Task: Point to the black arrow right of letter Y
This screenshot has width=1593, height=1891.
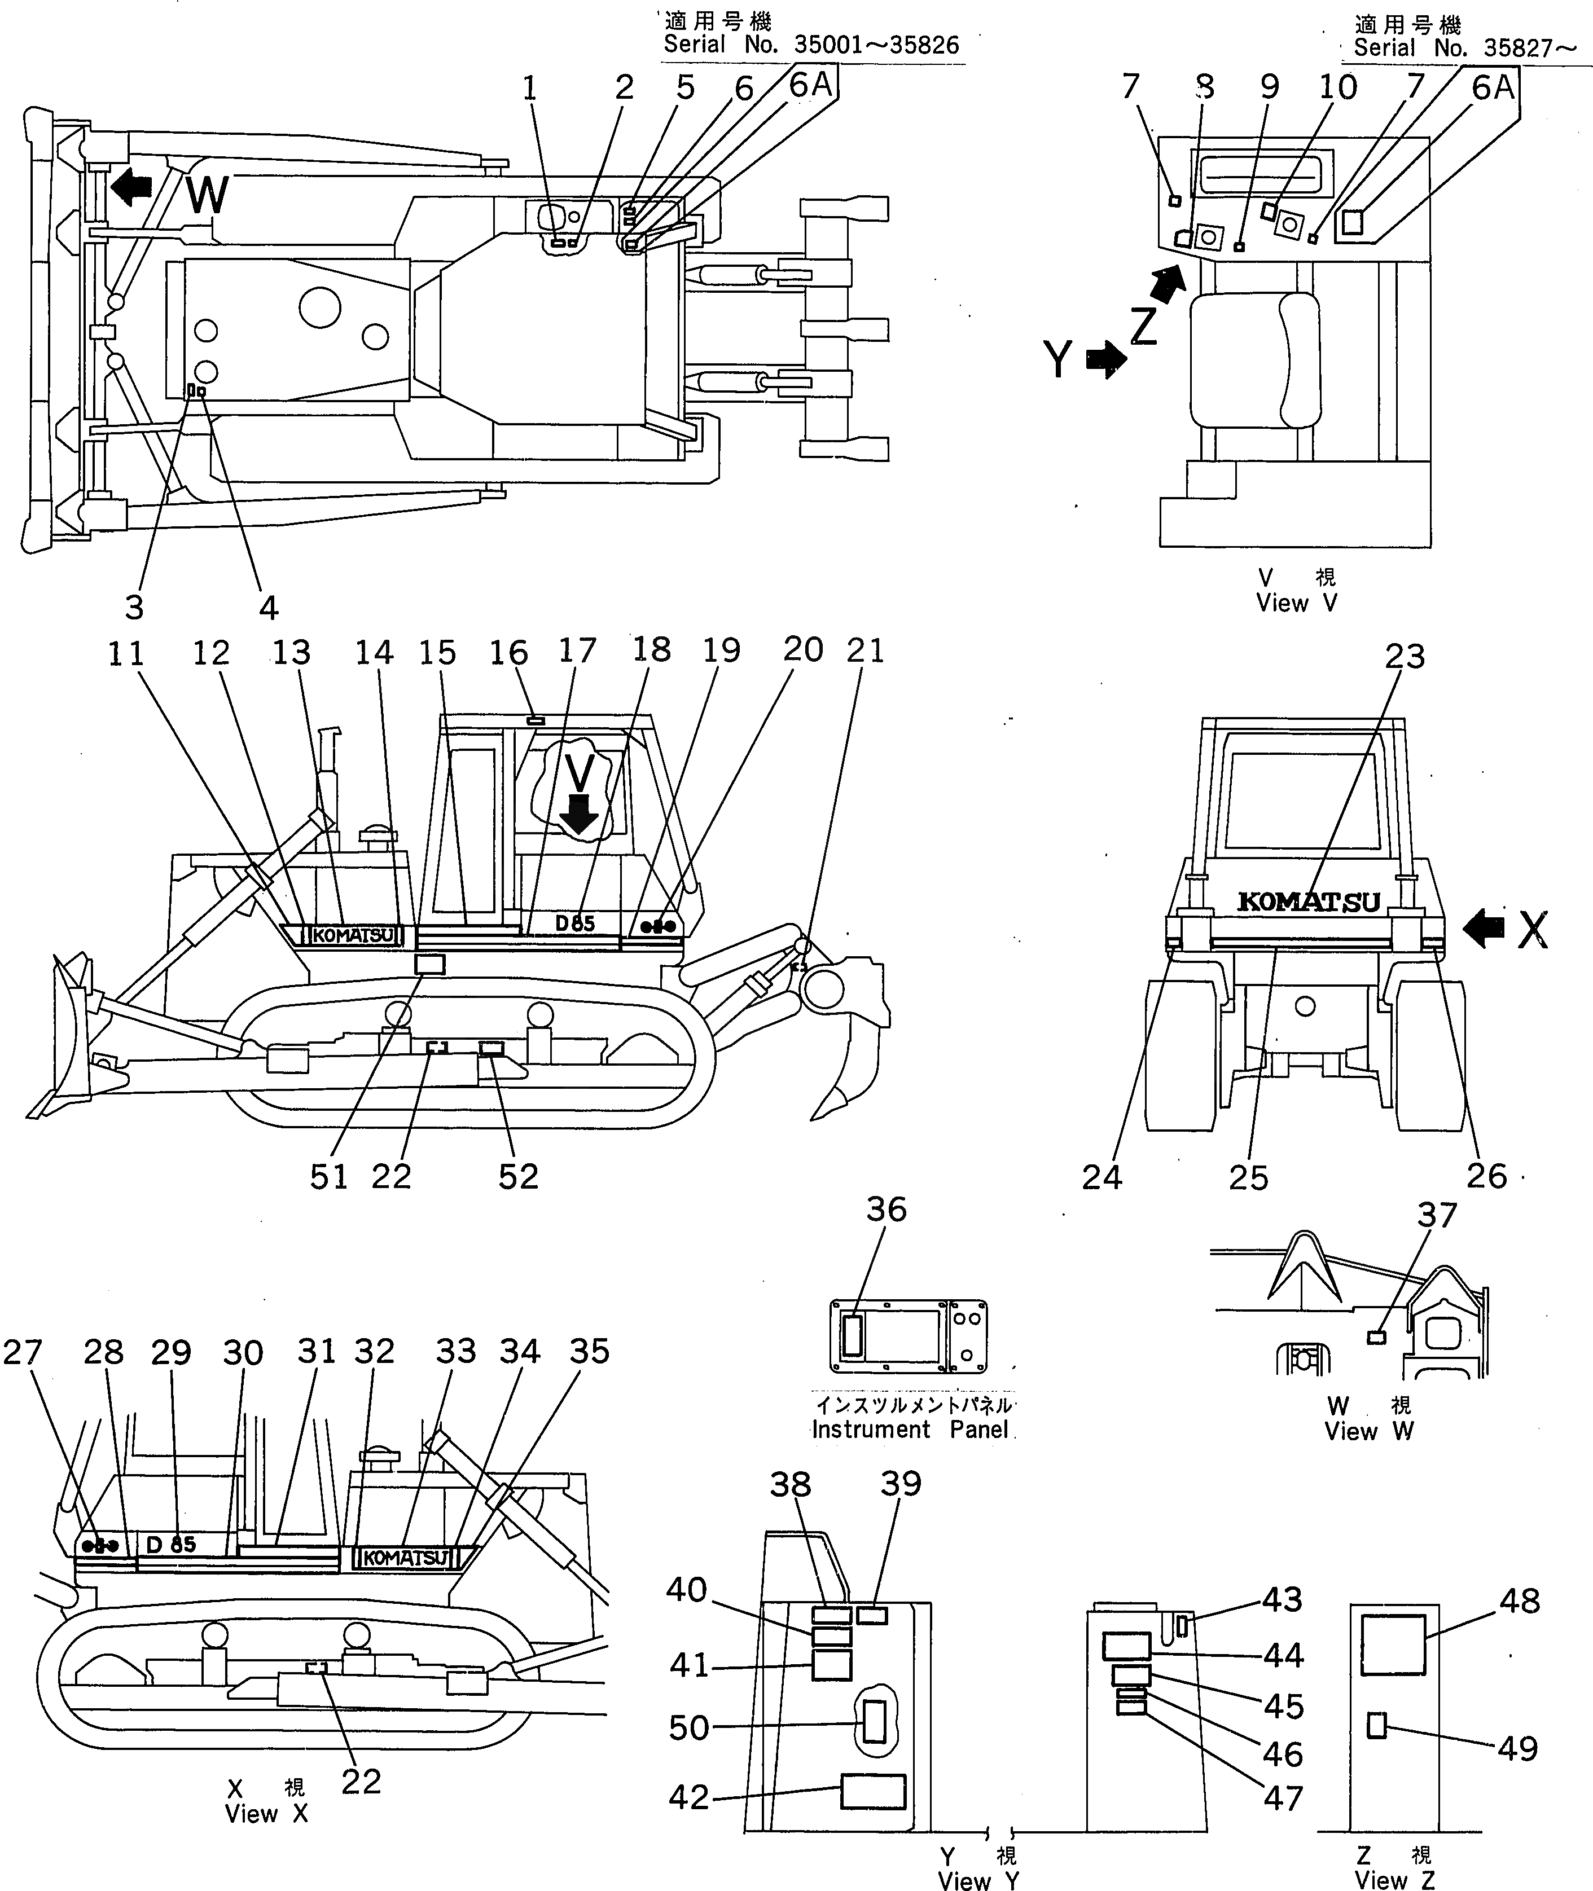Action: (1106, 359)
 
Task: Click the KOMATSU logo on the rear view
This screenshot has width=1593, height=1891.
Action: (1309, 901)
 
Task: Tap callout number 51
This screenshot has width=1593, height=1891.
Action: (329, 1177)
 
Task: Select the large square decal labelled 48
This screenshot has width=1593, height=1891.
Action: (1393, 1644)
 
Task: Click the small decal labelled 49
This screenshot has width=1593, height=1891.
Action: (1376, 1726)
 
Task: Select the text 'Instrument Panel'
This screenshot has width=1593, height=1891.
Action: (910, 1430)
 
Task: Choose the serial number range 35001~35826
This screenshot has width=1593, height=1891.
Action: (876, 45)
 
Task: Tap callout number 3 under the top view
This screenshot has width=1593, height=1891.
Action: (134, 608)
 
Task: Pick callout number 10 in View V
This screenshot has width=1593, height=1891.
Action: (1337, 87)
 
